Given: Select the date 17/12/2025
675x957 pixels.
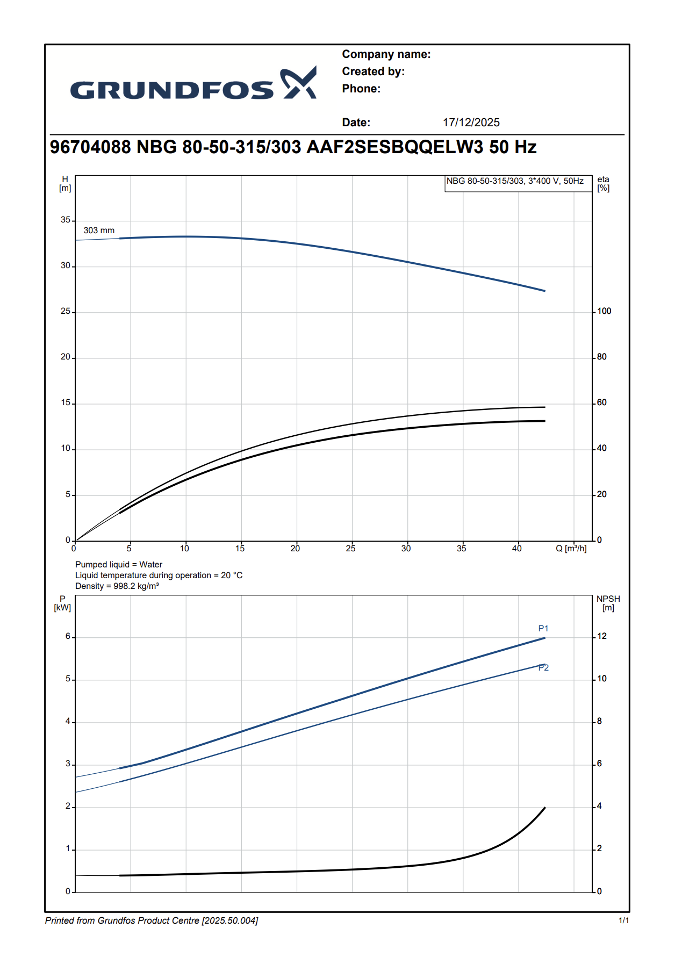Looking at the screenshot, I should [x=471, y=123].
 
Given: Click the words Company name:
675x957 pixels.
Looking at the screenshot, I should [x=386, y=54].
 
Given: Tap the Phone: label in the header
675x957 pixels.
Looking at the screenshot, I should [x=361, y=89].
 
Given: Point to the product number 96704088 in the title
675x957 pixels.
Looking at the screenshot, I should [x=90, y=147].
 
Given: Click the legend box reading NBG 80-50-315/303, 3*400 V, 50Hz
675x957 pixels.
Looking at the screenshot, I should [x=515, y=181].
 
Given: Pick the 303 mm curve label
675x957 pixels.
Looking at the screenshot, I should [x=99, y=231].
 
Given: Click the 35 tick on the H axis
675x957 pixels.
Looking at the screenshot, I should [x=66, y=220].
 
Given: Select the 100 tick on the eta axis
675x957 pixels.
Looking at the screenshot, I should [x=604, y=311].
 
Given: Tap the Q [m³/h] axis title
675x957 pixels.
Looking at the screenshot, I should [x=571, y=549].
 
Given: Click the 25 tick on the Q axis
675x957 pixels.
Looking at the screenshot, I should [x=350, y=549].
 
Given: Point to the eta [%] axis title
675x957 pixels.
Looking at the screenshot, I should [x=604, y=184].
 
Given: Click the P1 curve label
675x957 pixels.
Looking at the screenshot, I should [x=543, y=629].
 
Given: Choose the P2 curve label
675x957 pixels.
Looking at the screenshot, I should [x=543, y=668].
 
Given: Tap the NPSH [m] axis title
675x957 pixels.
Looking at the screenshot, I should [x=608, y=603].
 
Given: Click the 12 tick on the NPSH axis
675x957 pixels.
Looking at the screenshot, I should [x=602, y=636].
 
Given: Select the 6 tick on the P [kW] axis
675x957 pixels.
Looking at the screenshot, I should [x=68, y=637].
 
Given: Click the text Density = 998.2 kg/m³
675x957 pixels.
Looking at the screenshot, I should [x=117, y=586].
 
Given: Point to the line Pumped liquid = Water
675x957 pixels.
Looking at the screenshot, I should [x=118, y=565].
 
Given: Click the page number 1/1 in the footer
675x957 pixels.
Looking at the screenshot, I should [x=623, y=921].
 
